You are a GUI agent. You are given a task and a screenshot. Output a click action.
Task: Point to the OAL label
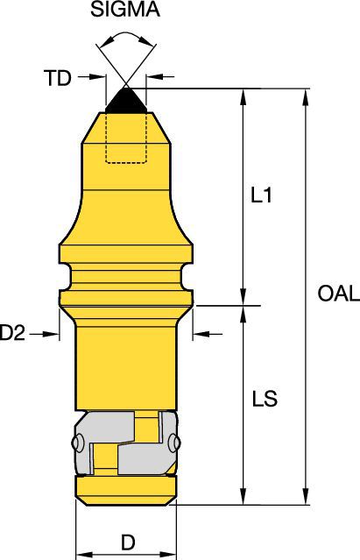coord(337,294)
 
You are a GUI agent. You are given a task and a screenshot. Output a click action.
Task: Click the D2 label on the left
coord(11,333)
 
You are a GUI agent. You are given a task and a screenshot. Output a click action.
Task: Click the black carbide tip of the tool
coord(125,100)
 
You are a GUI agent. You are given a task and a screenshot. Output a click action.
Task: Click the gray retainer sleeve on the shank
coord(126,443)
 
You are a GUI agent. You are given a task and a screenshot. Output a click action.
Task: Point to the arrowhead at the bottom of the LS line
coord(243,499)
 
